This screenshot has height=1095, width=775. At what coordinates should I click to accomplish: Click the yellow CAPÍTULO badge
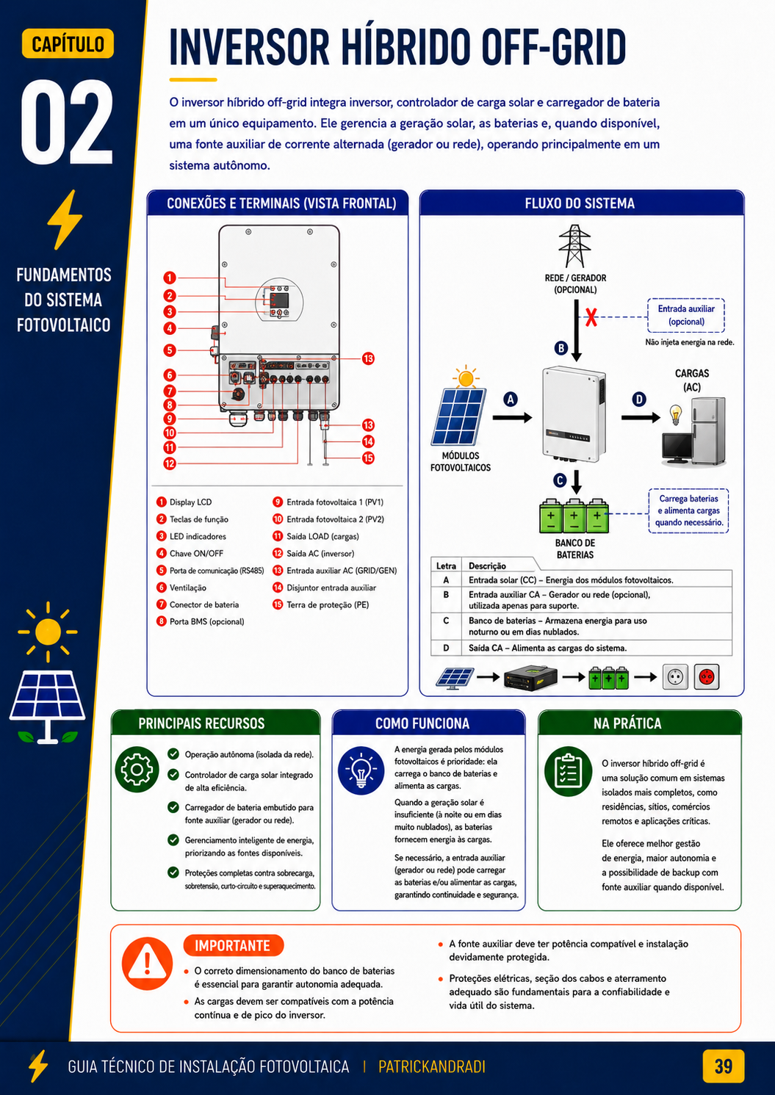pos(68,43)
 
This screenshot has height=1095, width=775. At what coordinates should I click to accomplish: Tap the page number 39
pos(723,1066)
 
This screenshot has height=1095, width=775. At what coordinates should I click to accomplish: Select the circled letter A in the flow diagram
pos(511,400)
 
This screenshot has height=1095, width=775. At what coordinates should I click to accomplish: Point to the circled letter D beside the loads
pos(639,400)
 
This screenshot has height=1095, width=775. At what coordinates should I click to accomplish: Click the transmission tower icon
pos(575,246)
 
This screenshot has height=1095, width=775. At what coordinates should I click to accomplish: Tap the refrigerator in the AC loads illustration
pos(708,431)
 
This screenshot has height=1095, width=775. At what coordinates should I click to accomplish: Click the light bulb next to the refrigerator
pos(675,414)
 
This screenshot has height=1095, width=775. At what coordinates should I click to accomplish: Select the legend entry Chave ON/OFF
pos(196,553)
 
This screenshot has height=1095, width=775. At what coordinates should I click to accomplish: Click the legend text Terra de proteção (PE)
pos(328,604)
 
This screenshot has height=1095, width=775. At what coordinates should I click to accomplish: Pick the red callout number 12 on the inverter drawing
pos(170,463)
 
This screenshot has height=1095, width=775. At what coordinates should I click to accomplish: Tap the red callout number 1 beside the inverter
pos(170,278)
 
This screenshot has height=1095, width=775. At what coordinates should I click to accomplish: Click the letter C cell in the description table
pos(446,621)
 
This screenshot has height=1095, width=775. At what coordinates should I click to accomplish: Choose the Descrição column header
pos(487,565)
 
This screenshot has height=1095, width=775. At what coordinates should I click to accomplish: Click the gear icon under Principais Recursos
pos(137,770)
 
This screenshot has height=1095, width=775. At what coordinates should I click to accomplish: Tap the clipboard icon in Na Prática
pos(568,772)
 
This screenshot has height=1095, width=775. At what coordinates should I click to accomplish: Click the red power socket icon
pos(707,677)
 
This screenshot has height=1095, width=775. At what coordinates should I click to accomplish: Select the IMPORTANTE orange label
pos(233,945)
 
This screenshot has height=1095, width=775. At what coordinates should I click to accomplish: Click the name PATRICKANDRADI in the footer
pos(432,1066)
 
